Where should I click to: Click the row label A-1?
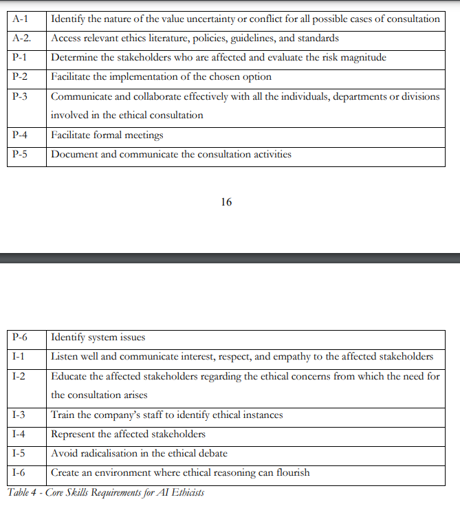[x=20, y=19]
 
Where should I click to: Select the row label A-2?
[x=22, y=38]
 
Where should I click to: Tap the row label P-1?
[x=20, y=57]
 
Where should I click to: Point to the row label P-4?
[x=20, y=135]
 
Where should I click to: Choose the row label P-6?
[x=20, y=337]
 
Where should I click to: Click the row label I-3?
[x=19, y=415]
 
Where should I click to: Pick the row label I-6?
[x=19, y=472]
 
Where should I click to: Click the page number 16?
[x=227, y=202]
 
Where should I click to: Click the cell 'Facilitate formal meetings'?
[x=107, y=135]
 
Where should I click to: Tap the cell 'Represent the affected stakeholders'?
[x=128, y=434]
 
